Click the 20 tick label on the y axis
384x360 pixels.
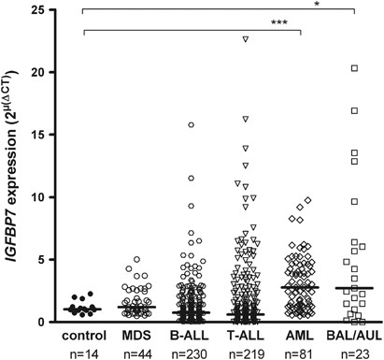coord(54,72)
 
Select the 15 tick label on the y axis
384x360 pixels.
coord(54,135)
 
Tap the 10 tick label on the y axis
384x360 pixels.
coord(54,197)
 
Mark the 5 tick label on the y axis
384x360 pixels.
coord(58,260)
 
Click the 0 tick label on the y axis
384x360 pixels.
coord(58,323)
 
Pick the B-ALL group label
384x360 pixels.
coord(191,334)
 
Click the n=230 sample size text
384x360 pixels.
coord(191,352)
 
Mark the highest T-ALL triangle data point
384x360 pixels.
coord(245,39)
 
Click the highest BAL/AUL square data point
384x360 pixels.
coord(355,68)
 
